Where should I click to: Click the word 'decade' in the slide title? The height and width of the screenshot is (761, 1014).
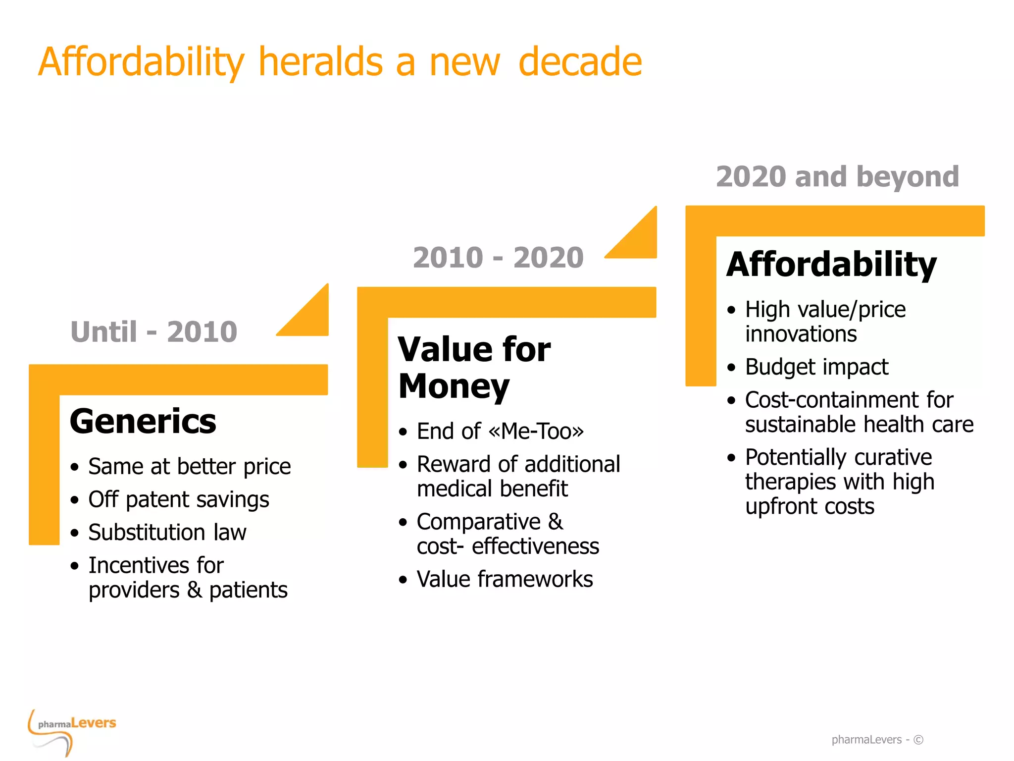(580, 61)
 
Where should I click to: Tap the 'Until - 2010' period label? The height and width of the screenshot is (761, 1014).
(154, 331)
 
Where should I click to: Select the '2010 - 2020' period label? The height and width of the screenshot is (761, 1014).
(498, 257)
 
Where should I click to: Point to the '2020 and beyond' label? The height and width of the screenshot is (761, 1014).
(837, 176)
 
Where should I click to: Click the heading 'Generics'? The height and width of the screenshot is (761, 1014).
(143, 421)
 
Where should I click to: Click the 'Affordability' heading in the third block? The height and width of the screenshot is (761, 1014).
(831, 264)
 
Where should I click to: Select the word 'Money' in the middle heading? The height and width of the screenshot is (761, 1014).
(454, 386)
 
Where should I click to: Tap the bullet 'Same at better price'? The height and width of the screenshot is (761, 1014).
(189, 466)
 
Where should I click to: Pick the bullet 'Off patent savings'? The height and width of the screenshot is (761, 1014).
(178, 499)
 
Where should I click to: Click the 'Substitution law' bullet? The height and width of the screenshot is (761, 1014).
(167, 532)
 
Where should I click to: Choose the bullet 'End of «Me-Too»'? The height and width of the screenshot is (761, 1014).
(500, 431)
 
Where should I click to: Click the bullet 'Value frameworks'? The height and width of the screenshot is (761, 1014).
(505, 579)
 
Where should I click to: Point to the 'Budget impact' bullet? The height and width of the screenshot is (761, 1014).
(816, 367)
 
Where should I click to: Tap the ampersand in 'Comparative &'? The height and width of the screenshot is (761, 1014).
(555, 522)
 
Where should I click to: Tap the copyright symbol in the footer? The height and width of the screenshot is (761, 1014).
(918, 740)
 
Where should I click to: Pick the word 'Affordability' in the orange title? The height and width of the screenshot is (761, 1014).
(141, 61)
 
